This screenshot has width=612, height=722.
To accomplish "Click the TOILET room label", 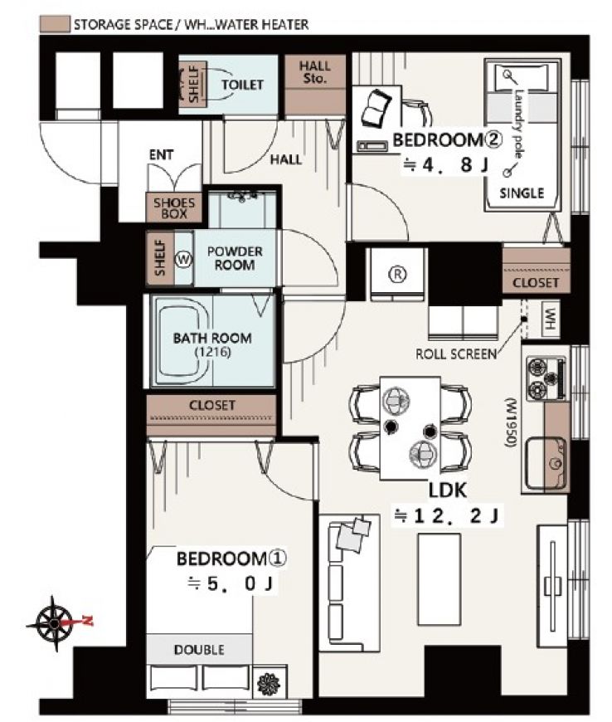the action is tap(242, 85).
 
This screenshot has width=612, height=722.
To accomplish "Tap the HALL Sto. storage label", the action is tap(315, 72).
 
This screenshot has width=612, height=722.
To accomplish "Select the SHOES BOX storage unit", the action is tap(174, 207).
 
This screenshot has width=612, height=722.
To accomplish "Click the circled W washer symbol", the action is tap(183, 260).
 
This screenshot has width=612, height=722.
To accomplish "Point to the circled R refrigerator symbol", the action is tap(397, 275).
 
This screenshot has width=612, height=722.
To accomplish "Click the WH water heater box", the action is tap(551, 319).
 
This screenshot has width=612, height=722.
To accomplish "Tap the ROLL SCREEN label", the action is tap(456, 354).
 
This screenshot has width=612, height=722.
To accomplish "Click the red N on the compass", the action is tap(86, 621).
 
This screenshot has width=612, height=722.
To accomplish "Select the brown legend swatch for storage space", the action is tap(55, 24).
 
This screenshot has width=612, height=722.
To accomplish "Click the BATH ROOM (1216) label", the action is tap(212, 344).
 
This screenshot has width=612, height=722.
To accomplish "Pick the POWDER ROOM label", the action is tap(235, 258).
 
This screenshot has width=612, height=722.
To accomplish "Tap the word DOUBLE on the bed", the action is tap(199, 650).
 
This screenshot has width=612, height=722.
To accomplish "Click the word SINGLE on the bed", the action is tap(522, 193).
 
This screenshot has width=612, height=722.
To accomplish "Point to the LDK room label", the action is tap(447, 490).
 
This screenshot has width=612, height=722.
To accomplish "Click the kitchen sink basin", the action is tap(546, 462).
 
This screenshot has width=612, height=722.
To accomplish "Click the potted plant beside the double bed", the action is tap(269, 684).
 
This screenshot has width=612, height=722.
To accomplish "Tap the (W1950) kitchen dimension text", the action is tap(510, 422).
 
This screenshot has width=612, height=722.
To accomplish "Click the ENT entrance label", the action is tap(161, 154).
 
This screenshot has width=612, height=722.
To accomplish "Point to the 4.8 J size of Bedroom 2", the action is tap(445, 165).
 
